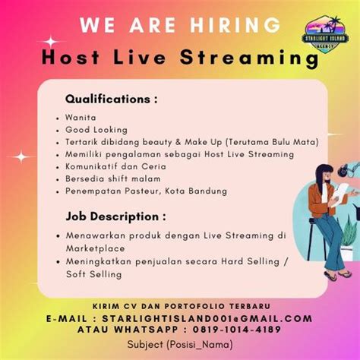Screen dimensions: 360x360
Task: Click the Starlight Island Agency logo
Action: (x=325, y=34)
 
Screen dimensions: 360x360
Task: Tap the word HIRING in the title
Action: (x=235, y=25)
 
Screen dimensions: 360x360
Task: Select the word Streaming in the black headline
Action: (x=249, y=58)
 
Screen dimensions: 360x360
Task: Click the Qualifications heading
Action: (x=111, y=99)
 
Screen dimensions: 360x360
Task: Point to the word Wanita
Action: (x=81, y=118)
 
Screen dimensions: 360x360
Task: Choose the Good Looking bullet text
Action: (x=96, y=130)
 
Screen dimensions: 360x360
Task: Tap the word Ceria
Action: (x=153, y=166)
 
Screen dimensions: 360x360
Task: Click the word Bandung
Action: (x=207, y=191)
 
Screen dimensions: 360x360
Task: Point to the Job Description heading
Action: (x=115, y=217)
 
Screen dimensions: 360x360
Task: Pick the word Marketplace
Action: (x=95, y=248)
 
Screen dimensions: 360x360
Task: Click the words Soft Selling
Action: (x=93, y=274)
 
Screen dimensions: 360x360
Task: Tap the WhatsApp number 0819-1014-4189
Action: (x=237, y=330)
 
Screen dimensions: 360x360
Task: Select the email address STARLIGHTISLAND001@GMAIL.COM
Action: (x=207, y=318)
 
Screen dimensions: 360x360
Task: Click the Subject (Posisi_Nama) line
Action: (x=180, y=345)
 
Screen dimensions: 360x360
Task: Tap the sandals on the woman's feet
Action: (x=338, y=276)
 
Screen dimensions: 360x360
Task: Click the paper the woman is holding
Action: (x=341, y=193)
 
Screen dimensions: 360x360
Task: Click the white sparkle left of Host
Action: (x=51, y=42)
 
